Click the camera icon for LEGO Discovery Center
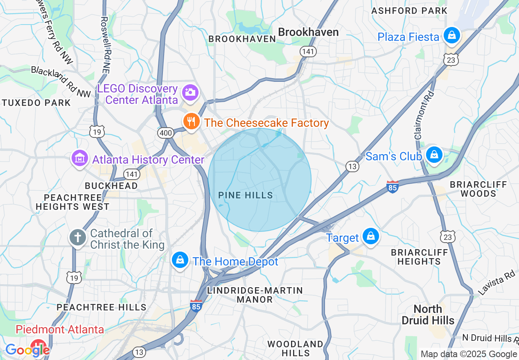(190, 92)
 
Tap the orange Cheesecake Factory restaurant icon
(191, 122)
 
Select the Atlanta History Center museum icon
(79, 159)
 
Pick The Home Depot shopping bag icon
(179, 261)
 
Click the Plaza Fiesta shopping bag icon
(451, 36)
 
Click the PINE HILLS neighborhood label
(246, 196)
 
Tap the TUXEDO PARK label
(36, 103)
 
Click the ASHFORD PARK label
(409, 11)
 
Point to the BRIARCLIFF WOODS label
(478, 189)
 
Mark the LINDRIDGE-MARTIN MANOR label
(255, 295)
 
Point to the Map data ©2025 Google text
(469, 354)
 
